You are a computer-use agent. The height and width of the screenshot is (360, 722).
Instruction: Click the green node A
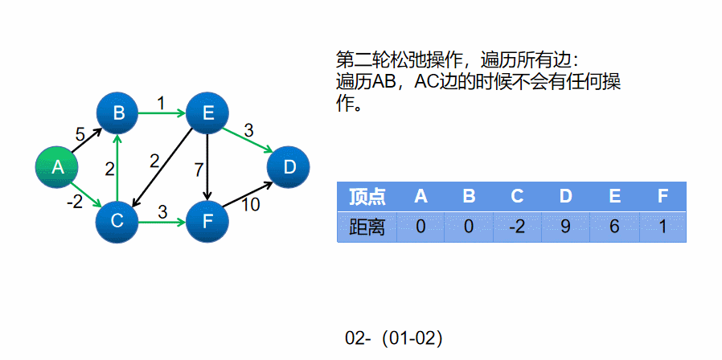point(57,167)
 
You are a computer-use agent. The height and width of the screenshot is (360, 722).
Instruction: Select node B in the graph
point(118,113)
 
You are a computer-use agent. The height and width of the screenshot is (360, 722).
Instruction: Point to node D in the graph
point(289,167)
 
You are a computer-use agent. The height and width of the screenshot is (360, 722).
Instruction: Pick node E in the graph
point(208,113)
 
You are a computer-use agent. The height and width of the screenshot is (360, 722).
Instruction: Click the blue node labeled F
point(208,219)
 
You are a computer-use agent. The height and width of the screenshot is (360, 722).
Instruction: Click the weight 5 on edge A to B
point(80,134)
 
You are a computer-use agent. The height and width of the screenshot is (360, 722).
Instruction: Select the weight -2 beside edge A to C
point(75,202)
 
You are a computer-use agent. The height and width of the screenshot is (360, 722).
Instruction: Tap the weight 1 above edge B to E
point(161,103)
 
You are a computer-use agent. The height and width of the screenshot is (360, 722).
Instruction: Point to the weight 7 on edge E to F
point(199,170)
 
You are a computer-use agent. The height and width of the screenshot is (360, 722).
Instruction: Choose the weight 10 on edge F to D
point(250,205)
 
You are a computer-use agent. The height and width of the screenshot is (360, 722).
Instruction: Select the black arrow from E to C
point(165,166)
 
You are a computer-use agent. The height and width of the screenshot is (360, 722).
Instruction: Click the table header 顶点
point(367,196)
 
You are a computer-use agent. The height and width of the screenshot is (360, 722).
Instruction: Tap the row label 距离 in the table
point(367,227)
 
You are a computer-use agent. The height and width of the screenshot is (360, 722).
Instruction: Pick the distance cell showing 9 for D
point(565,227)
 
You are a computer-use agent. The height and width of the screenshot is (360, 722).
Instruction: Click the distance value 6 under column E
point(614,227)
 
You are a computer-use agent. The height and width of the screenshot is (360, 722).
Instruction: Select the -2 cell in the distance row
point(517,227)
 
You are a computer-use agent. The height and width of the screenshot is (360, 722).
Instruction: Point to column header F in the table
point(663,196)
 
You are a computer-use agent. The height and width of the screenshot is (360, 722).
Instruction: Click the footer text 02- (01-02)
point(394,338)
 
